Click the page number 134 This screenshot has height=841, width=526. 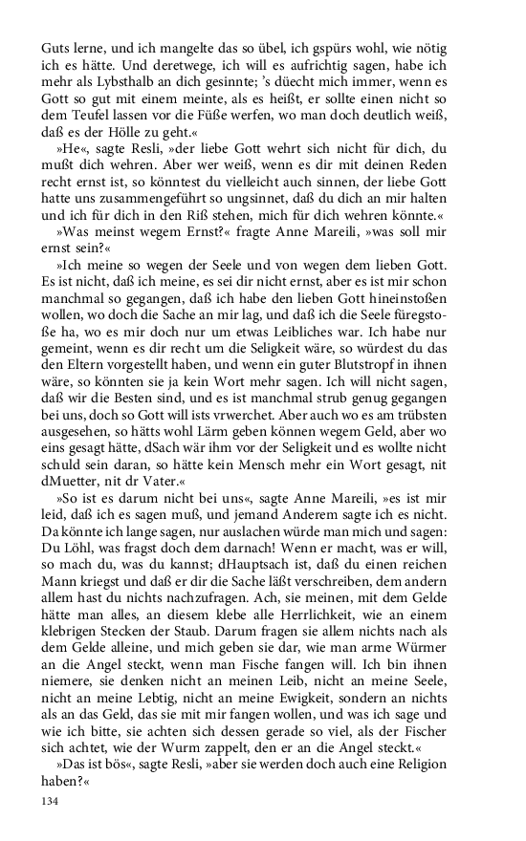[51, 802]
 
